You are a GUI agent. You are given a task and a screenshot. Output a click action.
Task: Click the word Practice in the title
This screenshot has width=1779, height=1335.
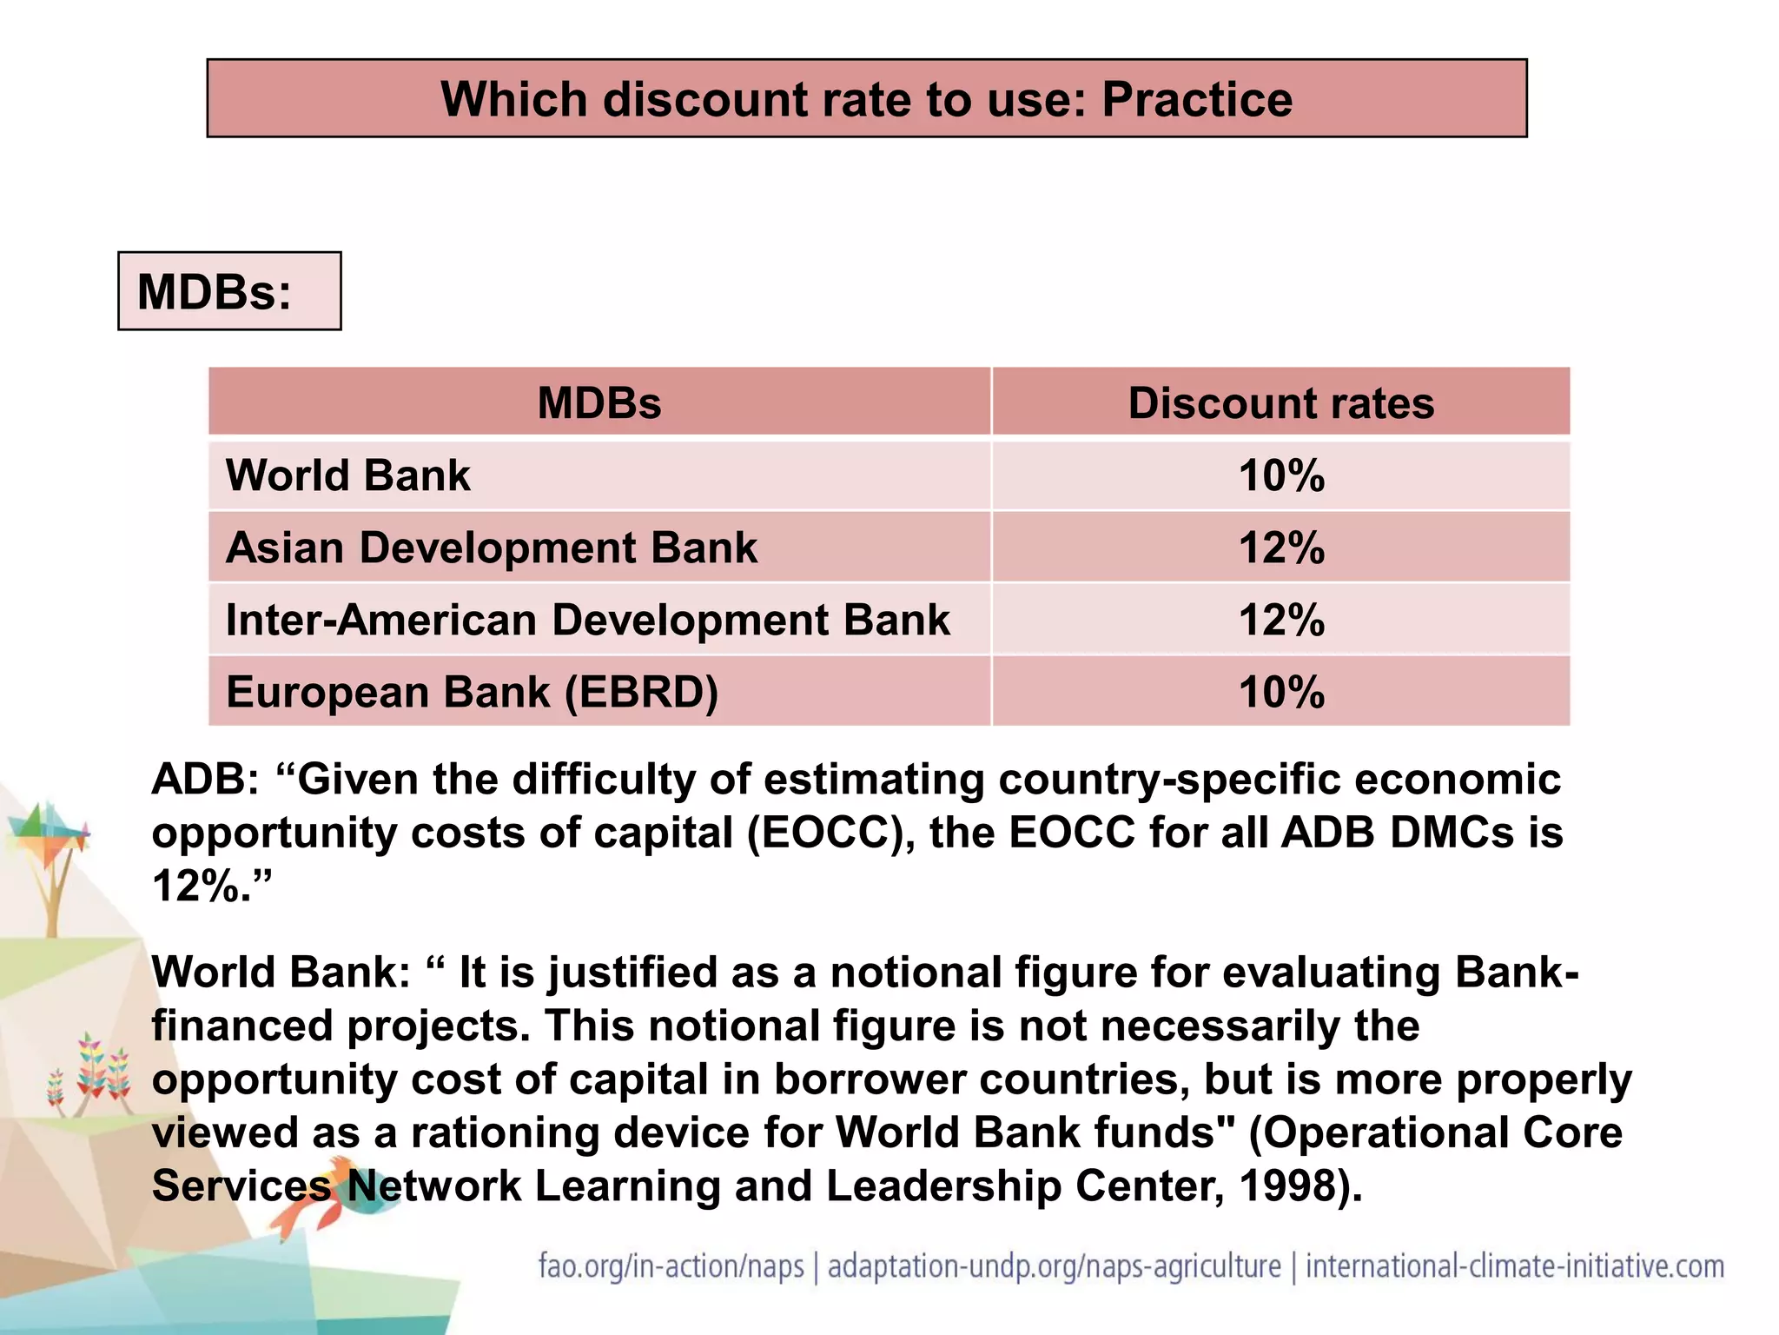tap(1196, 99)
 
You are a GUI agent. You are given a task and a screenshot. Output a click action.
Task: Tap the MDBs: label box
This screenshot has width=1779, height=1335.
tap(229, 291)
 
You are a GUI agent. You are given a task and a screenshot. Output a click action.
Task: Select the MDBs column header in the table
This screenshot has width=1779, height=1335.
tap(599, 403)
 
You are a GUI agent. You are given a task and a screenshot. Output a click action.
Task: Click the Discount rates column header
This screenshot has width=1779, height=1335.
tap(1280, 403)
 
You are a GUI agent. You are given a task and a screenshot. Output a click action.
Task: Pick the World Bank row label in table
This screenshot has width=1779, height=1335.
tap(347, 475)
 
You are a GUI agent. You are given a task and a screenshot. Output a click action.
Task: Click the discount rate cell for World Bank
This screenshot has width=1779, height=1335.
tap(1280, 475)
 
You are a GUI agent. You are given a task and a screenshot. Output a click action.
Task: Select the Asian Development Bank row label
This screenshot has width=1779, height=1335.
tap(491, 548)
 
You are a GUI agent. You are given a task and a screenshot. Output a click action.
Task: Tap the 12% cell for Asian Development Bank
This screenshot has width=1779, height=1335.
tap(1280, 548)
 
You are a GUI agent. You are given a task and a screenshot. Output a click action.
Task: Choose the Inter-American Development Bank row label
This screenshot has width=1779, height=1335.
tap(587, 620)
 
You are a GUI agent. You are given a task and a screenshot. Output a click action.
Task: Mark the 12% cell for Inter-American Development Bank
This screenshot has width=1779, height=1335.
tap(1280, 620)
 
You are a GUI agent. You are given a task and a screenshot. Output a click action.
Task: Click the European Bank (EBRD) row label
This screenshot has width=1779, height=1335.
tap(472, 692)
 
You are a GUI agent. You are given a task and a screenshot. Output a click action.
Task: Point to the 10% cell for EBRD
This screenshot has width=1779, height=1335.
tap(1280, 692)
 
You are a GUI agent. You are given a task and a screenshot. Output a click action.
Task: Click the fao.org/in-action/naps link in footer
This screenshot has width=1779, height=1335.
tap(671, 1265)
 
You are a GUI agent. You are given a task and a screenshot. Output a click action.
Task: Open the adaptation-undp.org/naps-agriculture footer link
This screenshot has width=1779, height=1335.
tap(1054, 1265)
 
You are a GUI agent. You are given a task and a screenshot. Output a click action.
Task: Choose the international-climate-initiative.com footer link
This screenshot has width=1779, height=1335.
tap(1514, 1265)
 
